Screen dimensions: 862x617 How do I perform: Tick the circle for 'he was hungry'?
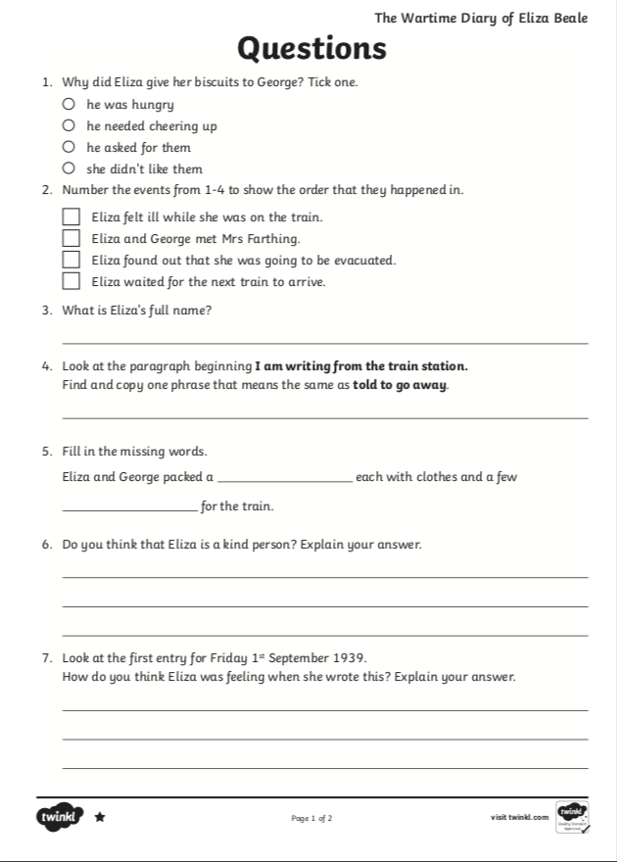tap(69, 104)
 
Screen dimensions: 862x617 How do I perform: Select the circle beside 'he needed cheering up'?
tap(69, 125)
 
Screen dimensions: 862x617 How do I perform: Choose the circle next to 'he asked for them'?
tap(69, 147)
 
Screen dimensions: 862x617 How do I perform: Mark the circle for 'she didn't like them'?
tap(69, 168)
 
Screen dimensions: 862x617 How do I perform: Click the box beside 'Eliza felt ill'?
tap(71, 216)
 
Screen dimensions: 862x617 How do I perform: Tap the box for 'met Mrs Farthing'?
tap(71, 238)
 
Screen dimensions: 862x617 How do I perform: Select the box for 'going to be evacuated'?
tap(71, 260)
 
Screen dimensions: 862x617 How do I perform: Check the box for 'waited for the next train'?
tap(71, 281)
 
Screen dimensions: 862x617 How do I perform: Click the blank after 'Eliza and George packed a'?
tap(284, 477)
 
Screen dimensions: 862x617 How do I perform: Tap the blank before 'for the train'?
tap(128, 506)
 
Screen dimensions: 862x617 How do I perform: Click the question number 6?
tap(47, 545)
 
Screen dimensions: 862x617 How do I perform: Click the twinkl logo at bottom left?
tap(60, 816)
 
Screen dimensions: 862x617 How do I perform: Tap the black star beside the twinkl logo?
tap(100, 817)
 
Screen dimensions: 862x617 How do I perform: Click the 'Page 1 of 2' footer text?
tap(311, 818)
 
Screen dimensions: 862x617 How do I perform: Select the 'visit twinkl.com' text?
tap(520, 817)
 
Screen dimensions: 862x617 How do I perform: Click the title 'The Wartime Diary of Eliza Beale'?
tap(481, 18)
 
